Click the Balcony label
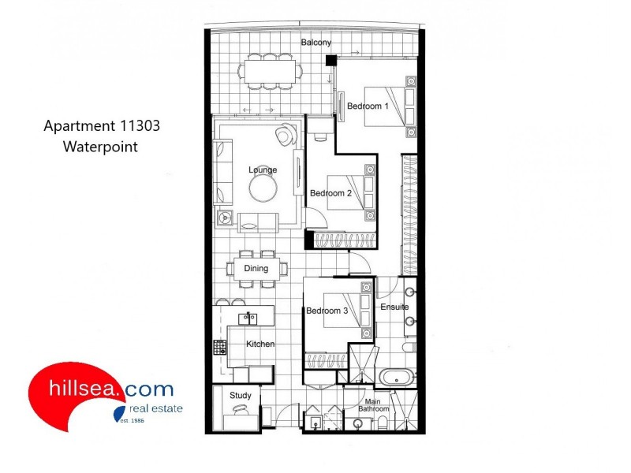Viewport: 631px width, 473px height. click(315, 42)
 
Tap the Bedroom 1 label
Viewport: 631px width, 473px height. click(368, 106)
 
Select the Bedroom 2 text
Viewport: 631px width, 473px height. click(329, 193)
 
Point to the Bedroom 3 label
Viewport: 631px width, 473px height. click(327, 311)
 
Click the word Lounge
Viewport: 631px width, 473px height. click(262, 169)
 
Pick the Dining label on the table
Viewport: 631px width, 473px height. click(256, 268)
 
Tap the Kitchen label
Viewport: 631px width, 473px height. click(260, 345)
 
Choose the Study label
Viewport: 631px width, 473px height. click(240, 395)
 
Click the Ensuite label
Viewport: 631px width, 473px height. click(394, 307)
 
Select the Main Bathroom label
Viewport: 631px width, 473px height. click(374, 405)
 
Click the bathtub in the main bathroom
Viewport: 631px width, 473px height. click(397, 377)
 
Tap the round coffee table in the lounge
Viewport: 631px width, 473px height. click(263, 188)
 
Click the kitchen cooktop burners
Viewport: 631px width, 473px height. click(220, 347)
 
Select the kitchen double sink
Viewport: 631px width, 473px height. click(248, 318)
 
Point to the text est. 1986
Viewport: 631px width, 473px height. click(129, 420)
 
